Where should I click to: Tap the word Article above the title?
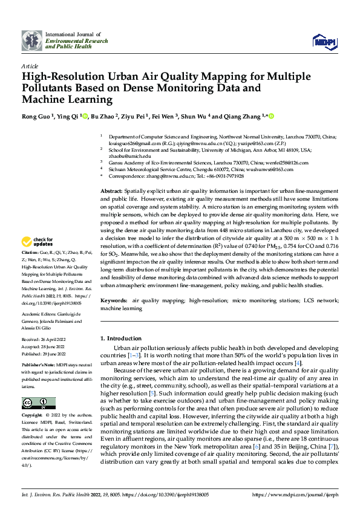[30, 65]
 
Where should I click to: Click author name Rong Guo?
[37, 117]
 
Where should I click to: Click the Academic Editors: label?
[41, 314]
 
